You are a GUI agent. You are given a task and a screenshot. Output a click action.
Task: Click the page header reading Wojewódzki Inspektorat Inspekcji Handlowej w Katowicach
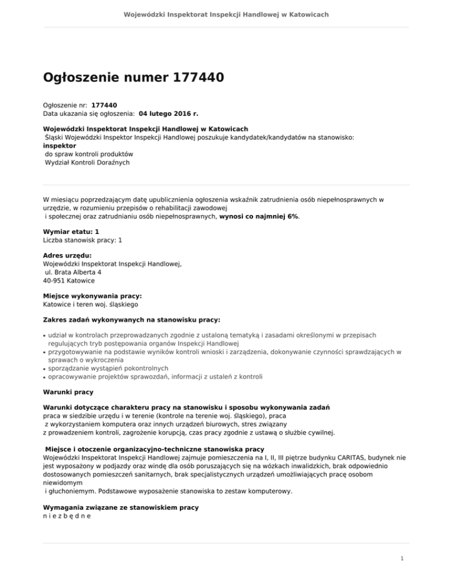226,14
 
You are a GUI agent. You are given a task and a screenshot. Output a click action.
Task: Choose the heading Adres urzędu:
68,256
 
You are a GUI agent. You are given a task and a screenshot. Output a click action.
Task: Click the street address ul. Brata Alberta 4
74,273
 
